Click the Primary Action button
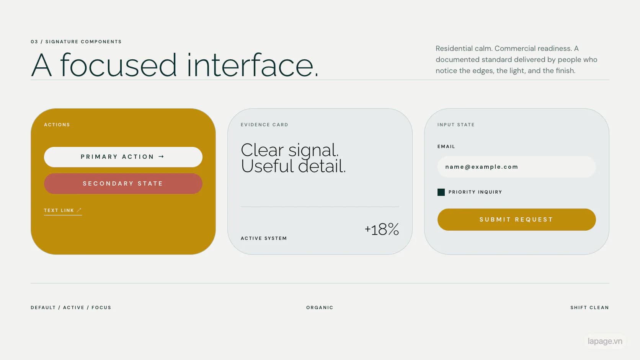pos(123,157)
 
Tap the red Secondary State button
pos(123,184)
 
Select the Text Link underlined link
pos(63,211)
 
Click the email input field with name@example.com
pos(517,167)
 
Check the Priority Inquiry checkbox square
pos(441,192)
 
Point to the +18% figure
pos(382,229)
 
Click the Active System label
pos(264,238)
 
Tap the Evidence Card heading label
pos(264,125)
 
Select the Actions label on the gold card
pos(57,125)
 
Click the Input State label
pos(456,125)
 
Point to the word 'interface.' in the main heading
pos(253,65)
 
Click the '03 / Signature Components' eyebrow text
pos(76,42)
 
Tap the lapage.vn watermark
pos(605,341)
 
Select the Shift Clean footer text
pos(590,308)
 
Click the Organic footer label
pos(320,308)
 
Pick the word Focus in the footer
pos(101,308)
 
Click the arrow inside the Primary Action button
pos(162,157)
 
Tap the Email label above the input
pos(446,147)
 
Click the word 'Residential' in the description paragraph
pos(454,49)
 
